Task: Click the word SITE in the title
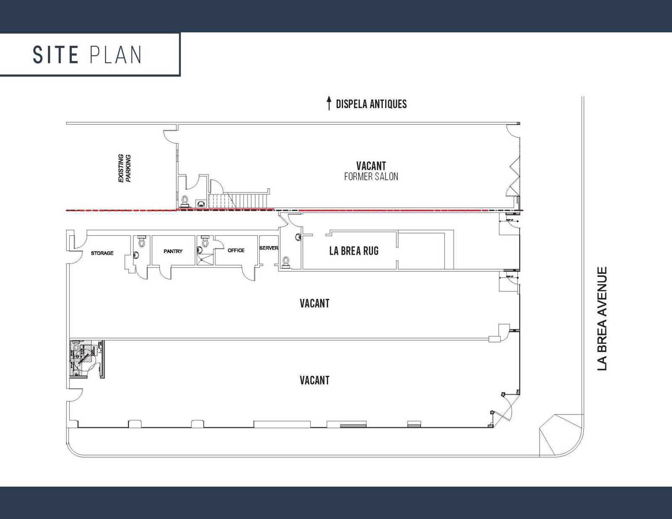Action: coord(55,55)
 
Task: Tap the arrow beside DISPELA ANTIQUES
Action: coord(329,103)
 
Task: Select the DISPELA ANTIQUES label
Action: coord(371,104)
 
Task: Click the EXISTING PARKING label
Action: coord(125,168)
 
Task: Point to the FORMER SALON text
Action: coord(371,177)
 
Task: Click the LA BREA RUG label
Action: coord(354,251)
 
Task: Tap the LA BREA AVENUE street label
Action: coord(602,319)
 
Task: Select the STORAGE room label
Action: coord(102,253)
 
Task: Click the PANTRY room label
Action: coord(173,251)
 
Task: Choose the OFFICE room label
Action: coord(236,250)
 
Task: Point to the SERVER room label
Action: coord(268,248)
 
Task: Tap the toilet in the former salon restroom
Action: coord(185,200)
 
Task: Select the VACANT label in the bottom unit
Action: coord(314,380)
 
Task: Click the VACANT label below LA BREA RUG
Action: coord(314,304)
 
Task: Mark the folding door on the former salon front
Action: coord(514,176)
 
